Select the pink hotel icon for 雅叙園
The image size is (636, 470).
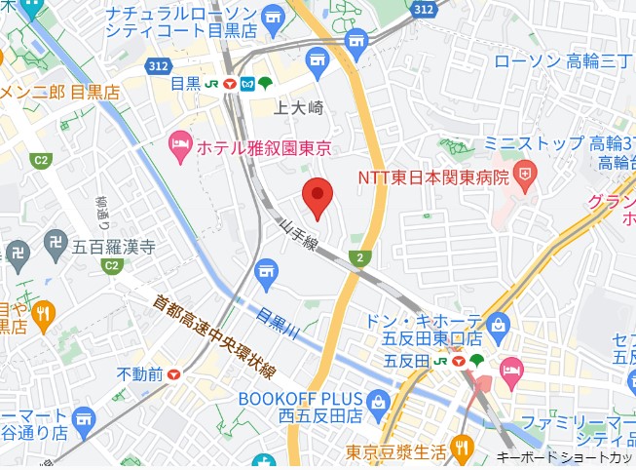pos(180,146)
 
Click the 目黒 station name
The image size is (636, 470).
pos(186,84)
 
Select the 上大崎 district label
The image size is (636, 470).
pos(298,107)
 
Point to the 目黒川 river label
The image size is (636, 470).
pos(277,322)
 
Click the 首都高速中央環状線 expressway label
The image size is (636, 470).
pos(215,335)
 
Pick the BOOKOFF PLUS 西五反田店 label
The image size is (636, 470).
pos(301,407)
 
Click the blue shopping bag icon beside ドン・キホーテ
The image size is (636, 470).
pos(499,323)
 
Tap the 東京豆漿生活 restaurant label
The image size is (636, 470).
pos(395,451)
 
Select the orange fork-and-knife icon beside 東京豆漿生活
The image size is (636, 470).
pos(461,450)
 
